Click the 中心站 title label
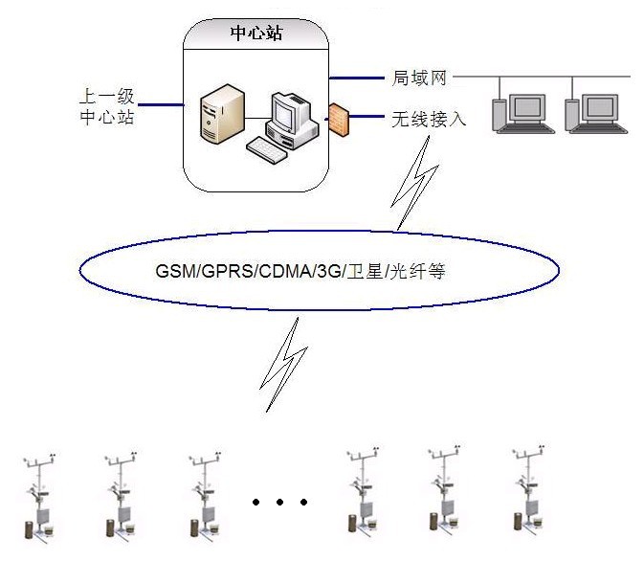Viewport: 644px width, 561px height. point(256,34)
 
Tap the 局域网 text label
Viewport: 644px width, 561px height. point(419,78)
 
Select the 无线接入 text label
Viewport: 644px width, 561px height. point(428,120)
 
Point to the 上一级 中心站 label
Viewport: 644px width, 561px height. point(106,107)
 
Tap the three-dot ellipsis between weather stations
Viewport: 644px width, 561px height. point(279,501)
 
